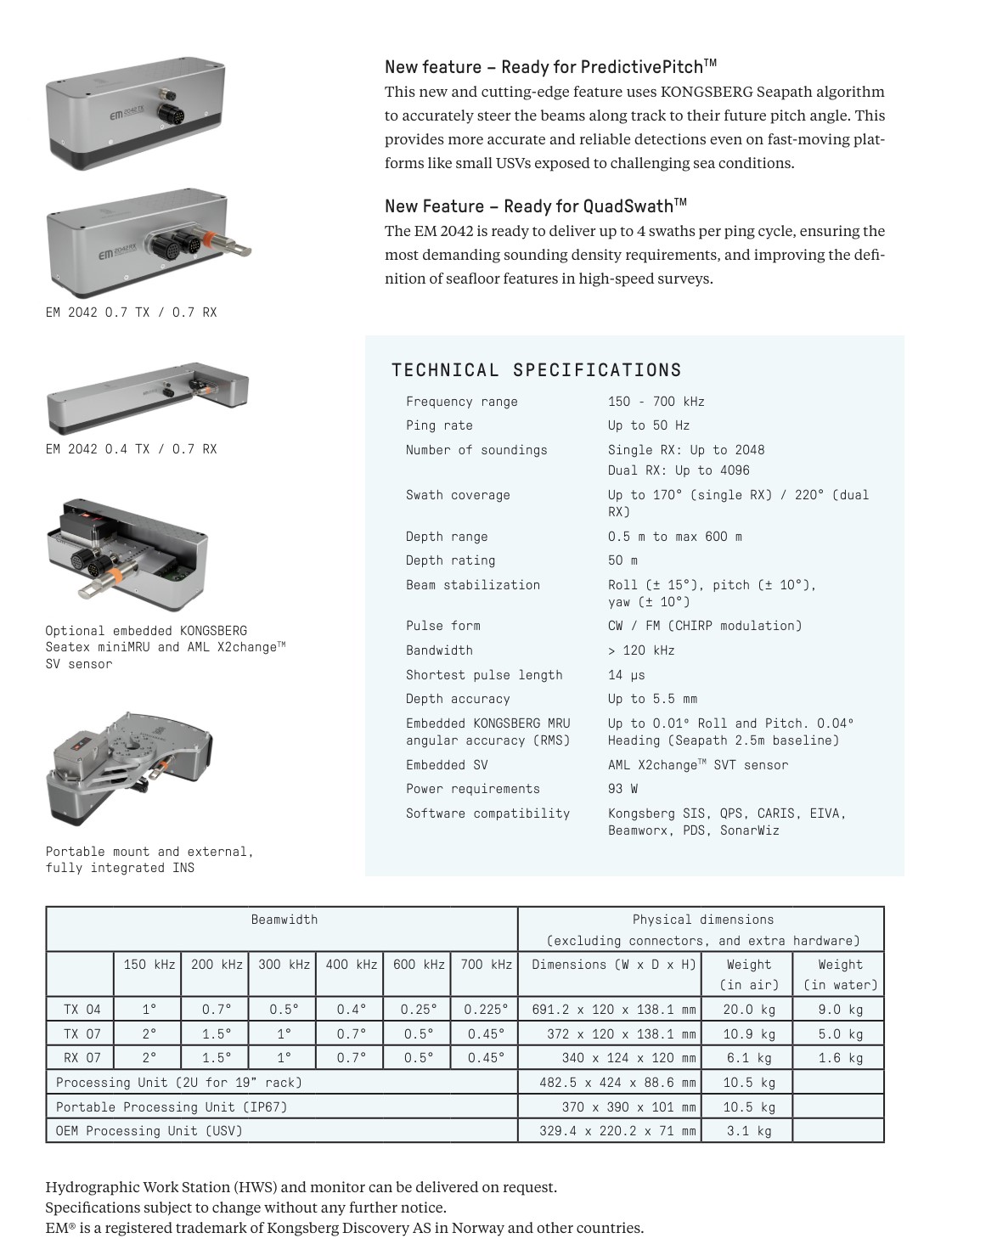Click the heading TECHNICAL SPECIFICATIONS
tap(536, 370)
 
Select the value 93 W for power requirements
tap(622, 789)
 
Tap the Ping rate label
tap(439, 425)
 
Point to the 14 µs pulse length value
tap(626, 675)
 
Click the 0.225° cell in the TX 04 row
tap(486, 1010)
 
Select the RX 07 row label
tap(82, 1058)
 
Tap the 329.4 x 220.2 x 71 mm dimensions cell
tap(617, 1131)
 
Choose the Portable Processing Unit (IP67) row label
tap(172, 1107)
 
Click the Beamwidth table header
tap(284, 920)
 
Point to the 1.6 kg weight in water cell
tap(840, 1058)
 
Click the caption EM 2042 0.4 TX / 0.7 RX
tap(131, 449)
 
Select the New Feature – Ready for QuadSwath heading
tap(535, 206)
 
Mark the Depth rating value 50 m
tap(622, 560)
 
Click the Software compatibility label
tap(487, 813)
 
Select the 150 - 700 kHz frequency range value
tap(656, 402)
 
